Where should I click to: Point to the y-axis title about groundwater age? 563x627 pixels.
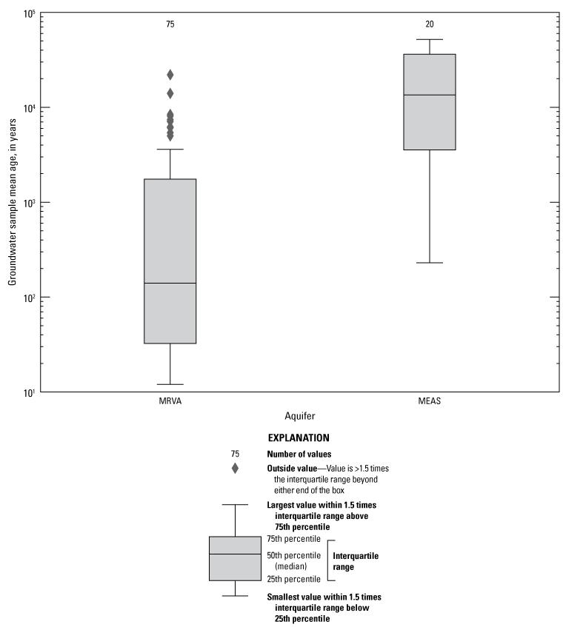(13, 202)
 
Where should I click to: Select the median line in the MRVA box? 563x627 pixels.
(170, 283)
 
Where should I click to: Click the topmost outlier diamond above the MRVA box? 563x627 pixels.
(170, 75)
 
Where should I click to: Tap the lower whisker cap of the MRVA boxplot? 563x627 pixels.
(170, 384)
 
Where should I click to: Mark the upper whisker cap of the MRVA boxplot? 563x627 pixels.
(170, 150)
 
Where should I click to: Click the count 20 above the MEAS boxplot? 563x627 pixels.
(430, 24)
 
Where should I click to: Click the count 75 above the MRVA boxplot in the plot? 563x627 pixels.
(170, 24)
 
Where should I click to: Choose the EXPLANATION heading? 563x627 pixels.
(299, 438)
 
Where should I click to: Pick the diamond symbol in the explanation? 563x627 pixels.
(235, 468)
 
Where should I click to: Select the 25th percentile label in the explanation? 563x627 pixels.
(293, 579)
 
